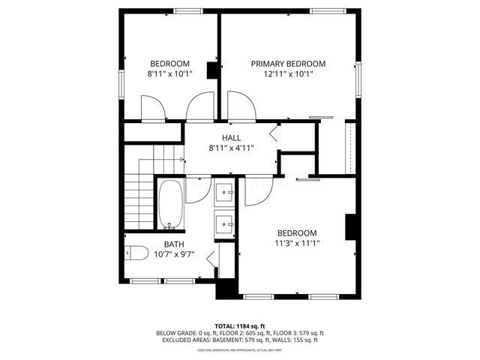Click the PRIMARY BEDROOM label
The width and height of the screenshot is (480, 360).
[288, 64]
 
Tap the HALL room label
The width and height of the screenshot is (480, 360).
[231, 138]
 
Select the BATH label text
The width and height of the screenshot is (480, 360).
[174, 244]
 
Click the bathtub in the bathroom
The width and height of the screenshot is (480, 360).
[171, 203]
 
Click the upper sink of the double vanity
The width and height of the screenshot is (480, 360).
[224, 193]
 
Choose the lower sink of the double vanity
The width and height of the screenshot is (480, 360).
[224, 222]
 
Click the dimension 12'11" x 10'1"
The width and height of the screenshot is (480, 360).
[288, 73]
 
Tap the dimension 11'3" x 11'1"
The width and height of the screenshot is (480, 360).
[297, 242]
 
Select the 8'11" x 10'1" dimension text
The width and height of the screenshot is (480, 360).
[169, 73]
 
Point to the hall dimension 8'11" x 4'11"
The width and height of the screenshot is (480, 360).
[231, 148]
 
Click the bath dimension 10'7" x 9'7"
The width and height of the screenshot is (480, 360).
[174, 254]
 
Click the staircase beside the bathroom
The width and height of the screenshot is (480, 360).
[139, 199]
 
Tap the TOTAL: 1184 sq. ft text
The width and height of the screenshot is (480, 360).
[240, 325]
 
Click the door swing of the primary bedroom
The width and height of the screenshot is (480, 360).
[242, 105]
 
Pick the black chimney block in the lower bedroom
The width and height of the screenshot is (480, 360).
[350, 227]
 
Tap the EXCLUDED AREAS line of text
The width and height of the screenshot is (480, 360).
[240, 340]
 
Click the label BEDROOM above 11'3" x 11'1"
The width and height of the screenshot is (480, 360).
[297, 232]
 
